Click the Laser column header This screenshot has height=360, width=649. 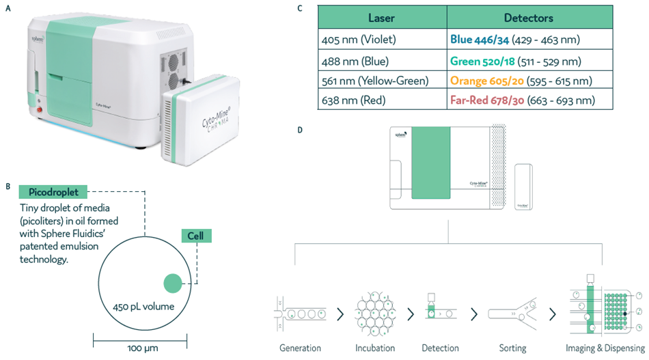click(382, 18)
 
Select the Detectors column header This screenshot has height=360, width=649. click(528, 18)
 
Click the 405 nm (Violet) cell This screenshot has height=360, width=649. click(359, 40)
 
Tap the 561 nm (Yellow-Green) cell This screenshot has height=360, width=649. click(374, 81)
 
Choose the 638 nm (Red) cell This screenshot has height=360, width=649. click(354, 100)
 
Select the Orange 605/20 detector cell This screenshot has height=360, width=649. click(521, 81)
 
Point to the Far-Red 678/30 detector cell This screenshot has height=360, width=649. click(522, 100)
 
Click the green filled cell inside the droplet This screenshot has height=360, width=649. click(172, 283)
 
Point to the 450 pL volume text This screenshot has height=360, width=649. click(143, 306)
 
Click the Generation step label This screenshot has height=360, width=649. click(300, 348)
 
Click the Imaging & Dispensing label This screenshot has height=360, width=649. click(605, 348)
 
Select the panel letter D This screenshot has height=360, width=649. click(299, 130)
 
